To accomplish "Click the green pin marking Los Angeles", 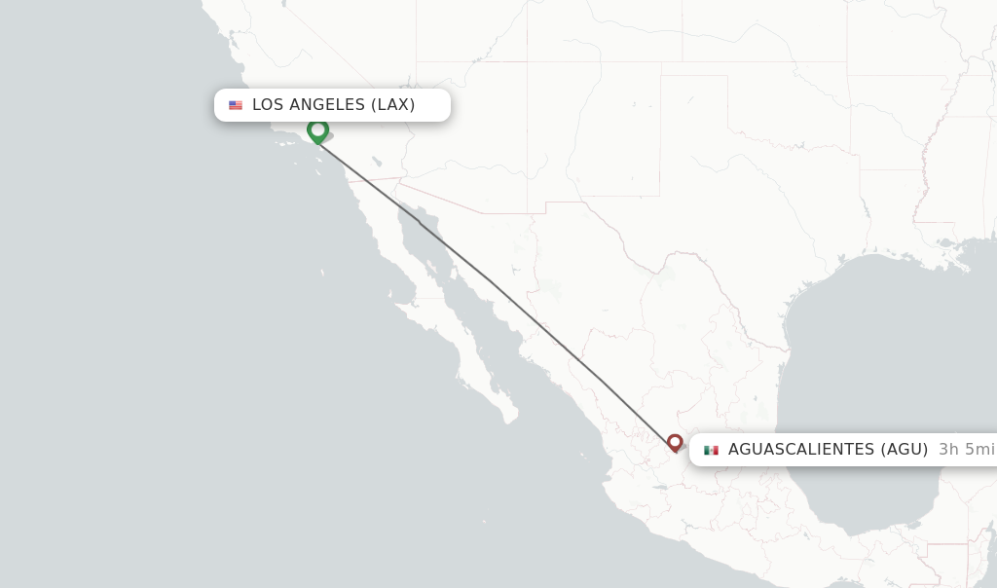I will (x=317, y=130).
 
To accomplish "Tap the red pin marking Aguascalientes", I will (x=675, y=443).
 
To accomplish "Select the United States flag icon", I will (x=236, y=105).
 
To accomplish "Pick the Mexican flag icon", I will (x=711, y=450).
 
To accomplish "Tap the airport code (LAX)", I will (x=392, y=105).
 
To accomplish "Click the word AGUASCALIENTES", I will (x=800, y=450).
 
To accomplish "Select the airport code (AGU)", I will (x=905, y=450).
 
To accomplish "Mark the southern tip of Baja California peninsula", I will (x=509, y=421).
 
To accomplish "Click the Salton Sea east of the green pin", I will (x=376, y=160).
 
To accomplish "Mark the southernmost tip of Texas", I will (x=786, y=348).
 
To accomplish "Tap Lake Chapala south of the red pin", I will (x=662, y=475).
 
